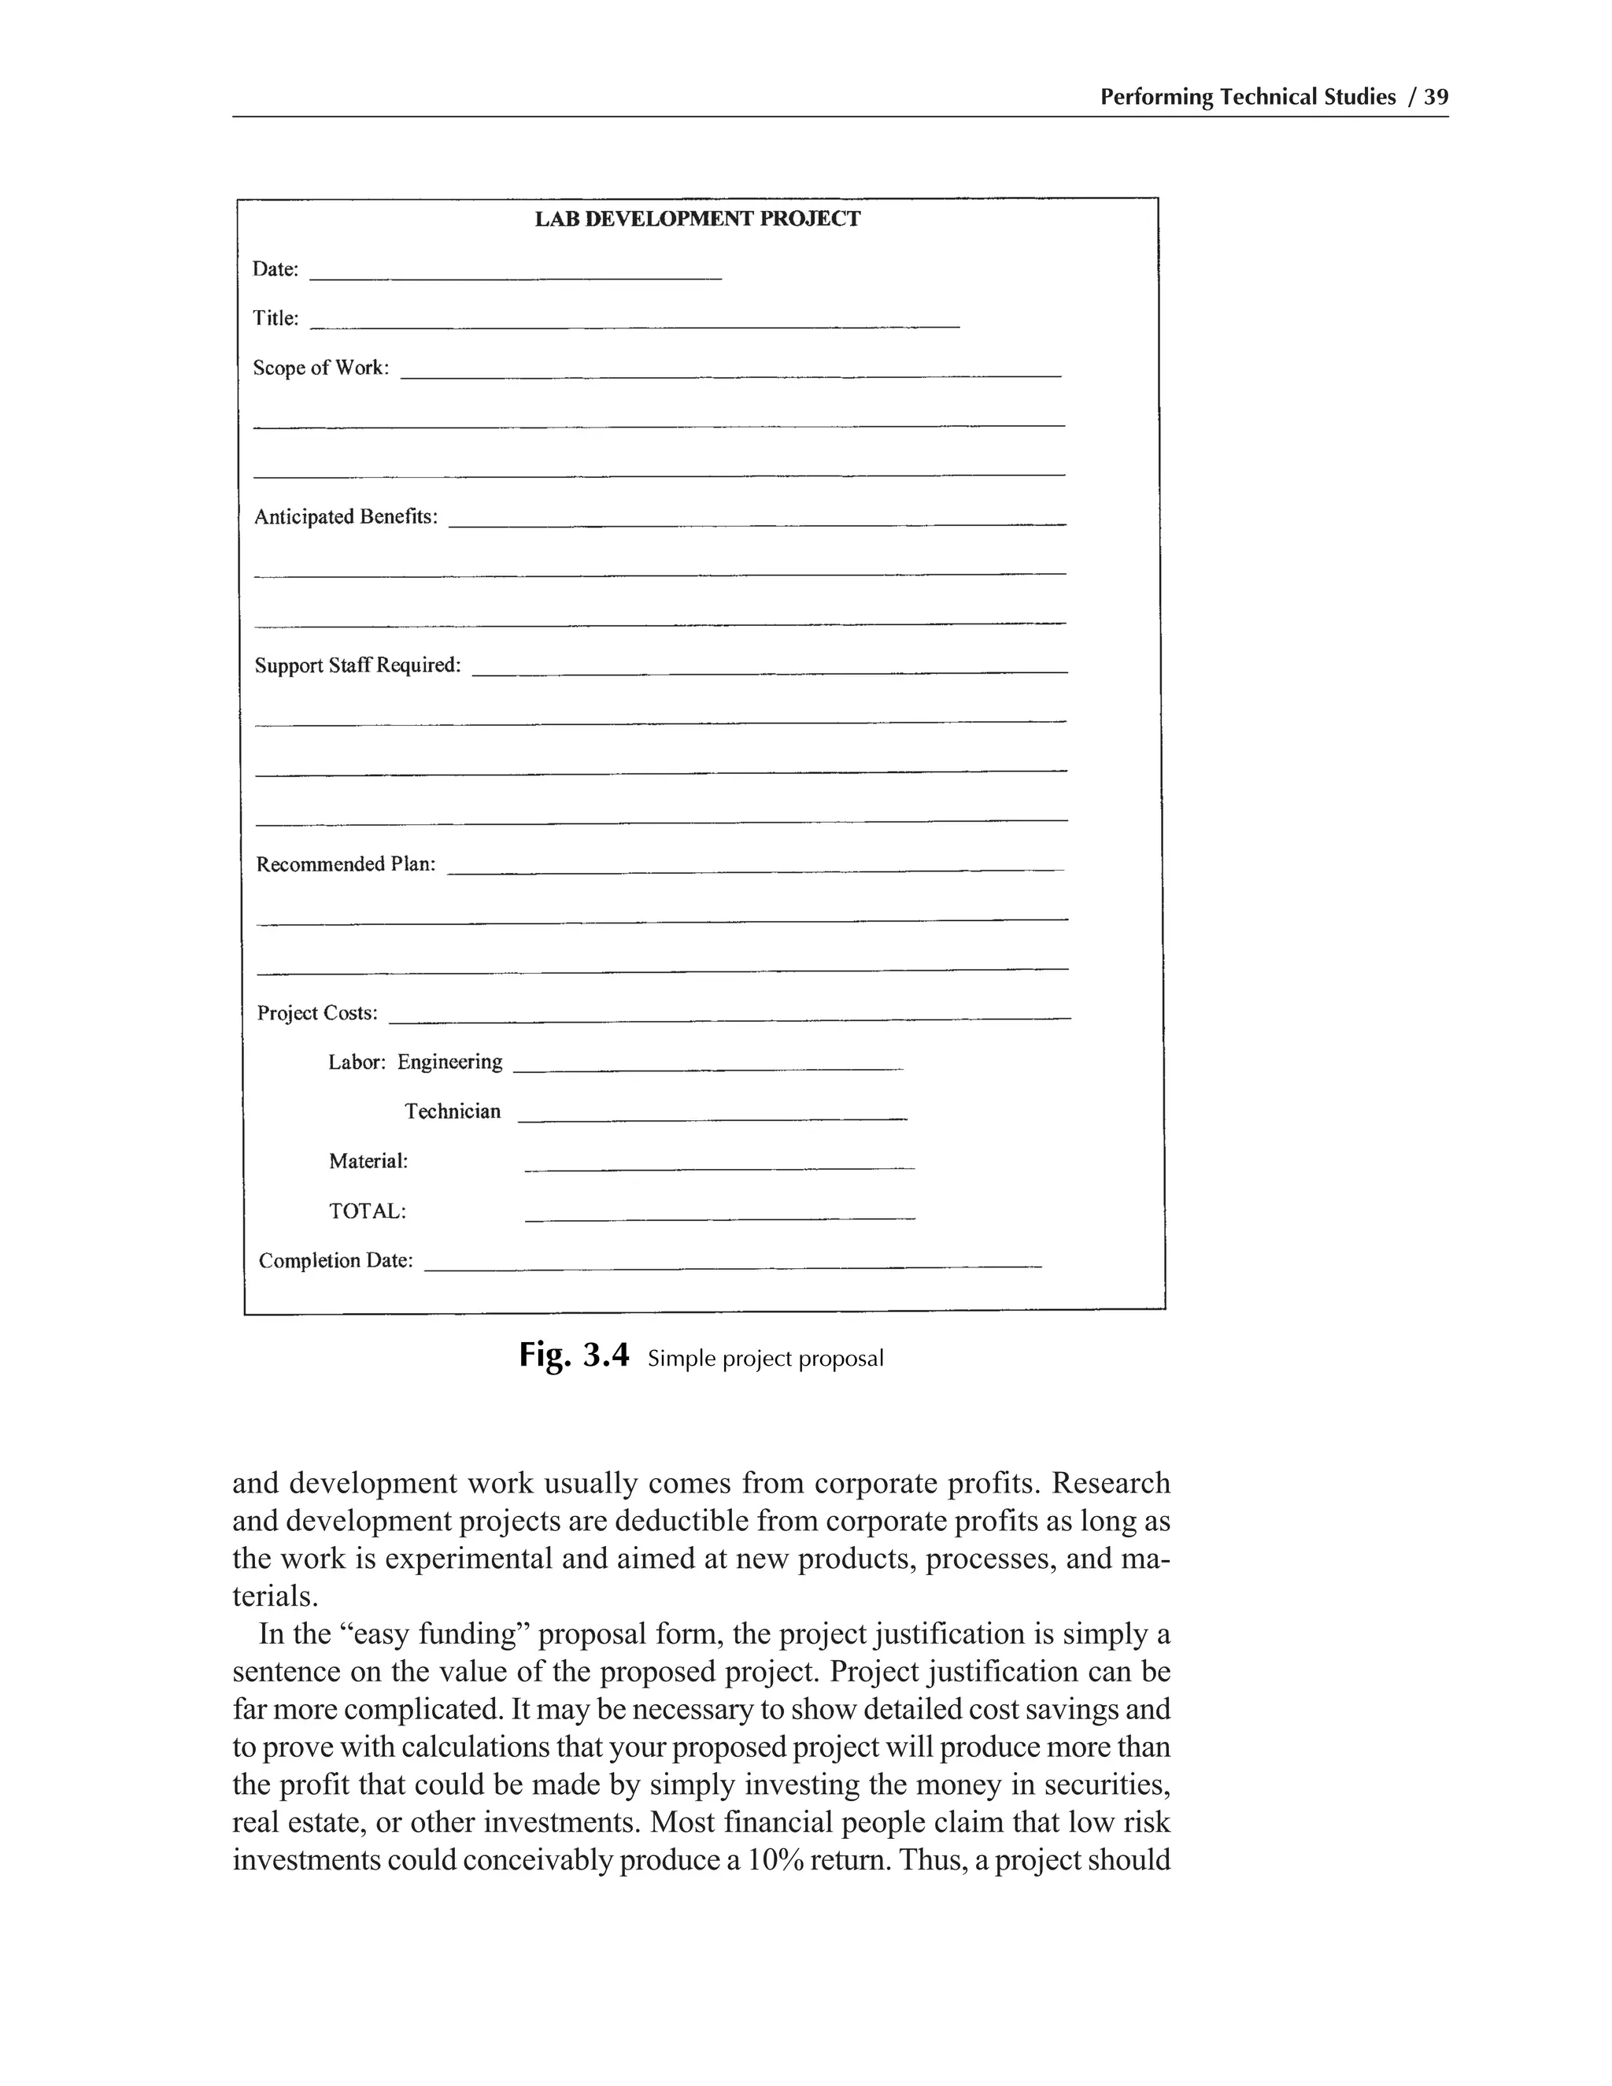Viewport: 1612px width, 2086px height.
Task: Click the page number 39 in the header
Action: pos(1436,98)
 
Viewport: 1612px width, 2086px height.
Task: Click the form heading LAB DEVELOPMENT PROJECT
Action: pos(697,219)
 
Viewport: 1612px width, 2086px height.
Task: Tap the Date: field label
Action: pos(275,269)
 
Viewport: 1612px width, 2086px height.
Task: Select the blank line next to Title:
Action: pos(635,326)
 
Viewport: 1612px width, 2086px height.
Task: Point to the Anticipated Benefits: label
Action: pos(346,516)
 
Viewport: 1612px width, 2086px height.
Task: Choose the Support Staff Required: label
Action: pos(357,666)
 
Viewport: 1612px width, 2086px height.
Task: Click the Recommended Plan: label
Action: pos(346,864)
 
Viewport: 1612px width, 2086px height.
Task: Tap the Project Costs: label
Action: pos(317,1013)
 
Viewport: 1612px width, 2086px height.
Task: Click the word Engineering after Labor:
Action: pos(449,1062)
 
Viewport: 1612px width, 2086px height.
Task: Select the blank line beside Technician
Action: pos(712,1118)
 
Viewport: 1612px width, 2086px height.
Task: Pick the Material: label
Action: pos(368,1161)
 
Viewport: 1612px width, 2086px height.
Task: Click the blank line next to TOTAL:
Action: pos(720,1218)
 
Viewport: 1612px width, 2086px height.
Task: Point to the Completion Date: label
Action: pos(336,1261)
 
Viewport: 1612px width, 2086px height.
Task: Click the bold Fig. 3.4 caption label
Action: pos(574,1356)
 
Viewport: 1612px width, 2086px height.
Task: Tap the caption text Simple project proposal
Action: pos(765,1358)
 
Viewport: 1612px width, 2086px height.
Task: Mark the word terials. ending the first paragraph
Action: pos(275,1596)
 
